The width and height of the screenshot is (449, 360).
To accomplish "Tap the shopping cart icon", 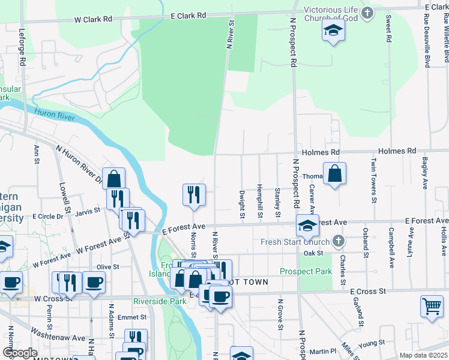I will point(432,306).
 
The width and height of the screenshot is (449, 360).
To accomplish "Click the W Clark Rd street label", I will point(93,19).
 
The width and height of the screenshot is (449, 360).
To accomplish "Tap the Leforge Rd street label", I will point(22,47).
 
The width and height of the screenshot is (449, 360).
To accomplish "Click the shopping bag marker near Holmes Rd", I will point(335,173).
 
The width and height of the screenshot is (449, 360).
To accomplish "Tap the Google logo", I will point(20,353).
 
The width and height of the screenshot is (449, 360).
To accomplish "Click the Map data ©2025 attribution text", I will point(423,355).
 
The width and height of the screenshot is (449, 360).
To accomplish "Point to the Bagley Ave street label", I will point(424,172).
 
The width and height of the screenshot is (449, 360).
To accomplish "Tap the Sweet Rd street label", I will point(388,28).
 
